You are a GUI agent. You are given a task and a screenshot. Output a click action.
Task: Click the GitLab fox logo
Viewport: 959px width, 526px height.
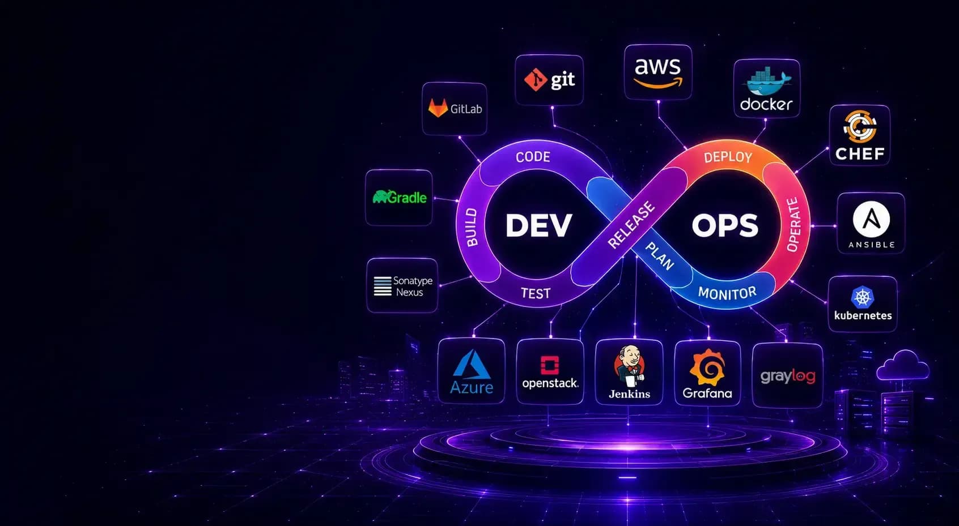pos(438,108)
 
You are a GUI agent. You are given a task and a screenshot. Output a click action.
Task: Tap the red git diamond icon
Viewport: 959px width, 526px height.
pos(536,79)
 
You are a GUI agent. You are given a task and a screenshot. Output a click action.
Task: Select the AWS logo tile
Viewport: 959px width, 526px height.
pos(658,72)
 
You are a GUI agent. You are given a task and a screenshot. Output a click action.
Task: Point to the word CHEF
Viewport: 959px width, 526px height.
pos(860,154)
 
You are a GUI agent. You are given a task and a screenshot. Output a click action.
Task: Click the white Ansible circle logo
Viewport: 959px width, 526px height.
pos(871,219)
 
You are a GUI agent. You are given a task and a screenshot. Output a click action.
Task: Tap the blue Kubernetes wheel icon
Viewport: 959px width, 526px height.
pos(863,297)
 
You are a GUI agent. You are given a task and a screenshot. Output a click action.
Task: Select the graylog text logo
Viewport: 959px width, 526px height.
pos(788,377)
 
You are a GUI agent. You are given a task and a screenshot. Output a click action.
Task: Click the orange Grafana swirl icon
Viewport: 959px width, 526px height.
pos(707,367)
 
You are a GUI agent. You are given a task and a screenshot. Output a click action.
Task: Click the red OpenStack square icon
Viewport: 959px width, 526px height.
pos(550,365)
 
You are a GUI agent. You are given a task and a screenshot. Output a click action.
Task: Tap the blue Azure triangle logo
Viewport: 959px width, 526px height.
pos(472,365)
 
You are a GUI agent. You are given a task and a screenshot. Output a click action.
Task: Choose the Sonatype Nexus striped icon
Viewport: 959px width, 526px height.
pos(383,286)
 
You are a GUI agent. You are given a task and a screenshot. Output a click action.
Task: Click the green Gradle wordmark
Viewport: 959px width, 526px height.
pos(400,197)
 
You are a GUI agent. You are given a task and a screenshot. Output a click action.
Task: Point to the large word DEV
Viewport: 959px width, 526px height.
pos(538,225)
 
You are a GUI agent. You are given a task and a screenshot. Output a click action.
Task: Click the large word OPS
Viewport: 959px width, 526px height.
pos(725,225)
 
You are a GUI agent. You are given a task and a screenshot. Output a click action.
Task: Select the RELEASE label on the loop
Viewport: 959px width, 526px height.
pos(631,225)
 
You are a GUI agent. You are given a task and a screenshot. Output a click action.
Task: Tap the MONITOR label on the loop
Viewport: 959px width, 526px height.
pos(727,293)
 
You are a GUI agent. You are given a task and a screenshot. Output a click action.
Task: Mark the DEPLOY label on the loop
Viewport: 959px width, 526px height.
pos(728,157)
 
